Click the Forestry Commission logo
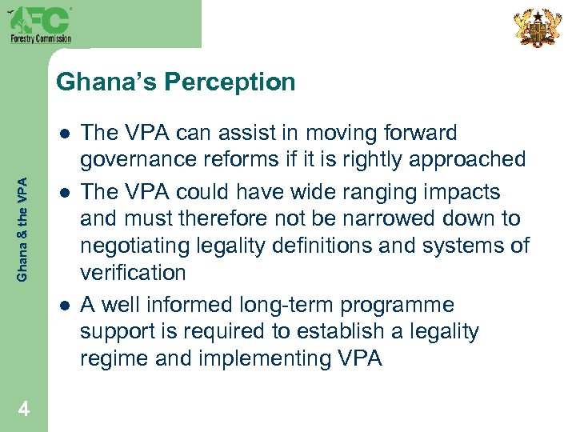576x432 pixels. [40, 23]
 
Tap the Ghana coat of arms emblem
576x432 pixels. [536, 28]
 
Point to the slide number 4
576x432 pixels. [24, 410]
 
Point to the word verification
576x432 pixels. [133, 272]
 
